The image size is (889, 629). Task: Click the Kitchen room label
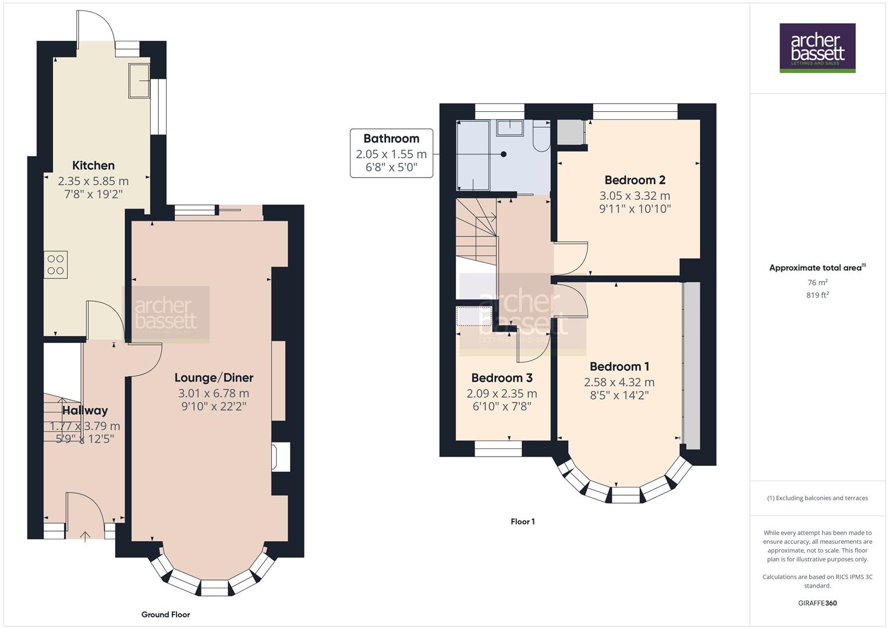click(x=93, y=165)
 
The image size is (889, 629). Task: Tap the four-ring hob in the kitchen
click(x=56, y=264)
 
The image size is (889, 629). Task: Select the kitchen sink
click(x=139, y=80)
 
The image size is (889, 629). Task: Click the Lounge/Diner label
click(x=214, y=377)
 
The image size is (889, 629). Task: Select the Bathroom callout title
click(x=391, y=139)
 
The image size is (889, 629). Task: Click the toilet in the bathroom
click(x=541, y=137)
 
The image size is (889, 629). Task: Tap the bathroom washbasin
click(x=511, y=127)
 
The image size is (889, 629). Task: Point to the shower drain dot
click(x=504, y=154)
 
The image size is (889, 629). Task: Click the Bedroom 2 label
click(x=635, y=180)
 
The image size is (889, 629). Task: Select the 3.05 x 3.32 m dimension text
click(x=635, y=196)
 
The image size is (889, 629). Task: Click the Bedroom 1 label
click(x=619, y=366)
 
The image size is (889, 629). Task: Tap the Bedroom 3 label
click(x=502, y=378)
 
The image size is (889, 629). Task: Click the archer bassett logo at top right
click(x=817, y=48)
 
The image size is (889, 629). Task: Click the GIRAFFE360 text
click(x=817, y=603)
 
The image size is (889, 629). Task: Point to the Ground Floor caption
click(x=165, y=614)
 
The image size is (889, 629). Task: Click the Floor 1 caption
click(x=522, y=522)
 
